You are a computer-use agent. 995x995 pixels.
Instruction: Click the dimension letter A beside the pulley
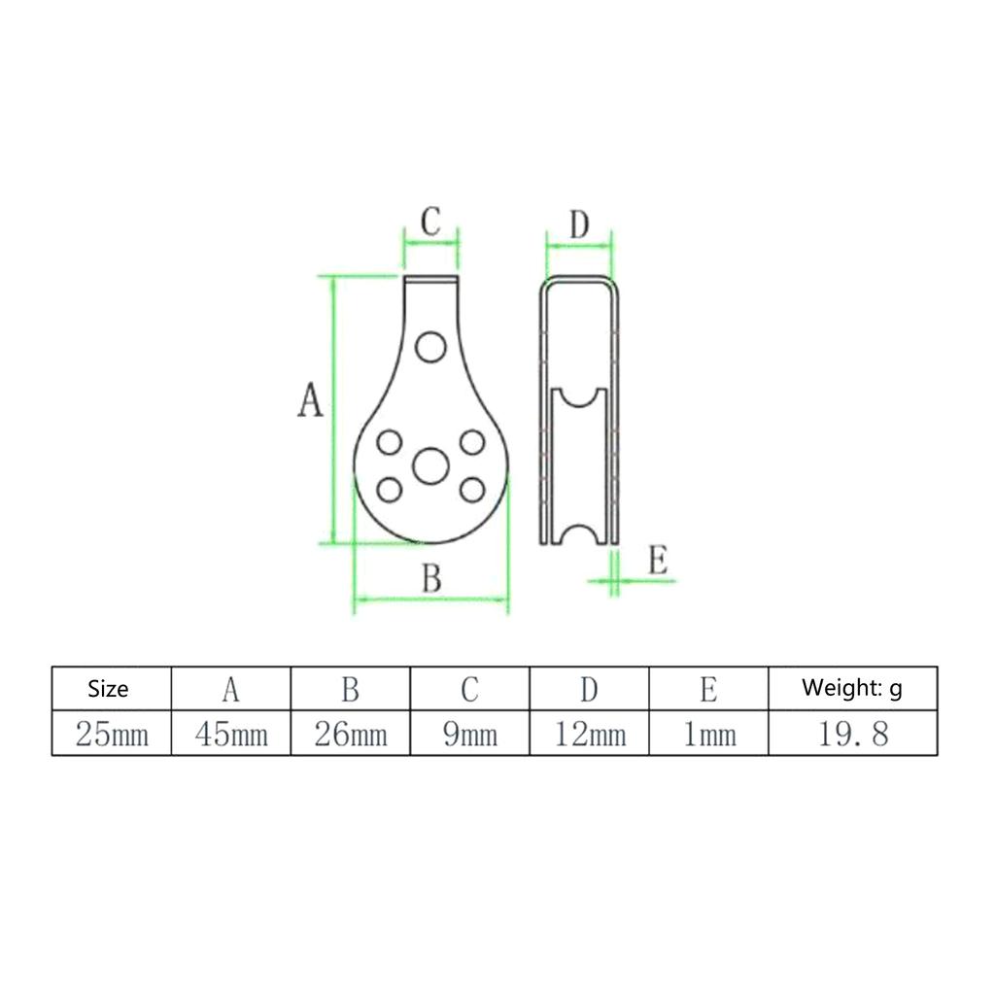(x=310, y=399)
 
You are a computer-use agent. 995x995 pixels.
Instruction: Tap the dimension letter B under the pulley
(x=431, y=578)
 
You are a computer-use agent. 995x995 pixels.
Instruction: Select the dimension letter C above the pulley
(x=430, y=222)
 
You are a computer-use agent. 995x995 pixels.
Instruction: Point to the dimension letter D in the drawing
(x=579, y=224)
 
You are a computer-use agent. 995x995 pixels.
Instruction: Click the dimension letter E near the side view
(x=658, y=561)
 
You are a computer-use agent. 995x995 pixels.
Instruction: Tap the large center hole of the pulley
(x=430, y=465)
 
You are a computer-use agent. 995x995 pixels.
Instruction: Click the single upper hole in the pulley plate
(x=430, y=347)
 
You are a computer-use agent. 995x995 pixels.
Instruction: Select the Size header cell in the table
(x=108, y=689)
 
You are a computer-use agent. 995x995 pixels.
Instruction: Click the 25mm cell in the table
(x=112, y=735)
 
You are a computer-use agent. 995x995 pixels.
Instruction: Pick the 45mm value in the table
(x=231, y=735)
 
